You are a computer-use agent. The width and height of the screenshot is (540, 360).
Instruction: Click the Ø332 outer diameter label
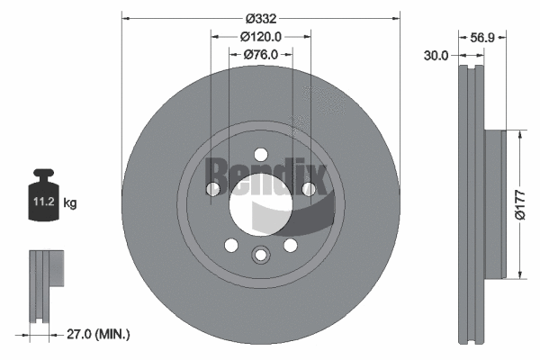click(x=260, y=16)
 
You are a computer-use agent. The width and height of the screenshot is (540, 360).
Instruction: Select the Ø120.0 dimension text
click(x=261, y=36)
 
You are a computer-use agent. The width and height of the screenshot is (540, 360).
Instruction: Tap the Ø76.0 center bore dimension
click(x=261, y=54)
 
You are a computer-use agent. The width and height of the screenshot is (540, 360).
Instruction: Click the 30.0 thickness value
click(x=436, y=56)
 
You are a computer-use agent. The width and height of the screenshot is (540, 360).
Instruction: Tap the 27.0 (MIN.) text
click(x=98, y=334)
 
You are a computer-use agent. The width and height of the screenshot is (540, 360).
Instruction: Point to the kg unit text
click(x=70, y=204)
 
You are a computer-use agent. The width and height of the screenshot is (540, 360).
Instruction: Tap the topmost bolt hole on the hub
click(x=260, y=153)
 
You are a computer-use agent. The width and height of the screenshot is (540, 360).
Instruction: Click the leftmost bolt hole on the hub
click(x=213, y=189)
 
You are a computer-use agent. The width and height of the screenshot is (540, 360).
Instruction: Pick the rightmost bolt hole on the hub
click(x=308, y=189)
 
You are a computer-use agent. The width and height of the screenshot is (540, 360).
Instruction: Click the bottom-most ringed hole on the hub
click(x=260, y=255)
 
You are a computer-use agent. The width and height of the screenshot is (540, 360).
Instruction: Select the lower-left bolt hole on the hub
click(x=230, y=245)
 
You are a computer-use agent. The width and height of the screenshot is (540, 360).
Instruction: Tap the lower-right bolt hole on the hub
click(x=290, y=245)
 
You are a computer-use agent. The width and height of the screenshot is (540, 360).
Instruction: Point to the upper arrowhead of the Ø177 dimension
click(x=518, y=134)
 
